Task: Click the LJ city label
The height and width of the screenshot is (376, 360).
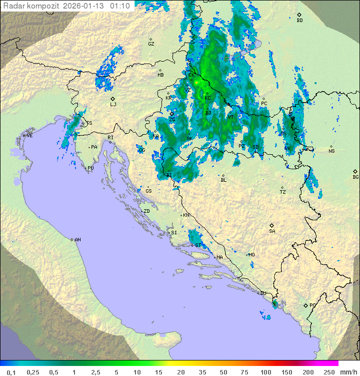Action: pyautogui.click(x=113, y=105)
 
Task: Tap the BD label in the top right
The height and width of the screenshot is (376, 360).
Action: pyautogui.click(x=299, y=21)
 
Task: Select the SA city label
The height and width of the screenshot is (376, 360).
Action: pyautogui.click(x=272, y=231)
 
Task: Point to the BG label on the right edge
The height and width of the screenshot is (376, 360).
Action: pyautogui.click(x=355, y=177)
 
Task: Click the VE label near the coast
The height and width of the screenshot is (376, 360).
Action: pyautogui.click(x=29, y=136)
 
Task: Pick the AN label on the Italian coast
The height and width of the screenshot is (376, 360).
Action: pyautogui.click(x=77, y=240)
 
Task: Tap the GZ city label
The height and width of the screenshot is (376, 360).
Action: pyautogui.click(x=151, y=44)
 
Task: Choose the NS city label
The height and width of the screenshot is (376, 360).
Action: pyautogui.click(x=331, y=151)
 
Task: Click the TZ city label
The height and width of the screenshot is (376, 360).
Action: pyautogui.click(x=283, y=192)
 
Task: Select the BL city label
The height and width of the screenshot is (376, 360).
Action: pyautogui.click(x=223, y=180)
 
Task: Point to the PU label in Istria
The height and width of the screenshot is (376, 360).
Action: pyautogui.click(x=90, y=168)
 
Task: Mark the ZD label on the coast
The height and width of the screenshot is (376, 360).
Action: pyautogui.click(x=146, y=211)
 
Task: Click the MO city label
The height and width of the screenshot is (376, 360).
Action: pyautogui.click(x=251, y=255)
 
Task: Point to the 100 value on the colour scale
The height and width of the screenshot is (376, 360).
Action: pyautogui.click(x=265, y=372)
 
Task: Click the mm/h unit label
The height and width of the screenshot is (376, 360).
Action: pyautogui.click(x=347, y=372)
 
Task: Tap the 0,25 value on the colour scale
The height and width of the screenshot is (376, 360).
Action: pyautogui.click(x=33, y=372)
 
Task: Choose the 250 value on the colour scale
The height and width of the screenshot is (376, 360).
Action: pyautogui.click(x=328, y=372)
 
